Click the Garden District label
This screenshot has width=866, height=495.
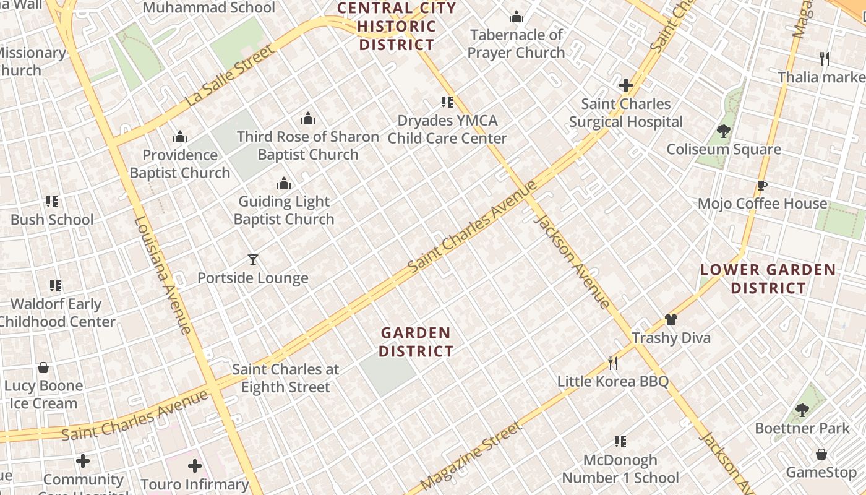pos(416,342)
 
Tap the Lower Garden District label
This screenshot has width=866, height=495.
pos(768,279)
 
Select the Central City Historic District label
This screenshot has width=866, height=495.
pos(397,27)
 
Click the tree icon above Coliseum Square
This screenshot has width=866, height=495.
pos(723,131)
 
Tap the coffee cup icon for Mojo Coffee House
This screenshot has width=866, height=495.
pos(762,184)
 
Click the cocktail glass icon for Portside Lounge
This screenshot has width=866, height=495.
pos(252,259)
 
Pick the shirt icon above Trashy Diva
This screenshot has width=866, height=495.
pos(671,319)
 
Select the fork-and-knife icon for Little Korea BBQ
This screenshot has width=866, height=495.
pos(613,363)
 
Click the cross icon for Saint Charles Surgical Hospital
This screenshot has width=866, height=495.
pos(626,85)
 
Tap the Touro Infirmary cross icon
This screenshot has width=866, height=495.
pos(195,465)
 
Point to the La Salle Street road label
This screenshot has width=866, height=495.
pos(229,75)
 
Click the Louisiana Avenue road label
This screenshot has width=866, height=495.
pos(163,275)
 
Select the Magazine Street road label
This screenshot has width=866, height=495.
pos(471,457)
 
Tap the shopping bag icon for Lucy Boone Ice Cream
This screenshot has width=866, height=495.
pos(43,368)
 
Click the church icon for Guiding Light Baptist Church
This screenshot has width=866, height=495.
pos(284,183)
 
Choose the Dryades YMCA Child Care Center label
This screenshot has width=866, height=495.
pos(447,129)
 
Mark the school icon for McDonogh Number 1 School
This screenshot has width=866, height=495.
pos(620,441)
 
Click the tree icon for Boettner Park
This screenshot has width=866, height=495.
pos(802,409)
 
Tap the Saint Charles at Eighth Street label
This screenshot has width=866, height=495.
pos(286,378)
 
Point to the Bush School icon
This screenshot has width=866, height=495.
pos(52,201)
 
